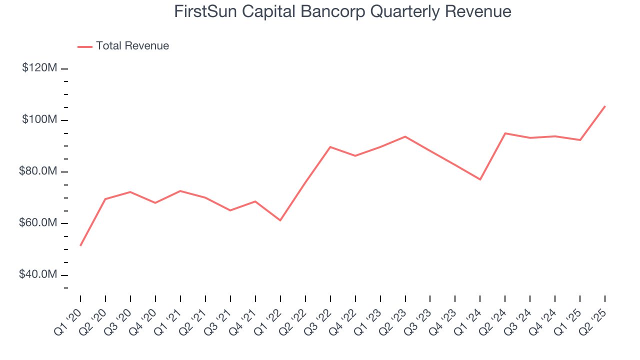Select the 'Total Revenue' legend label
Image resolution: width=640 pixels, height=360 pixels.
132,46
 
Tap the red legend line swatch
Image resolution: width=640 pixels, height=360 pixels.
85,46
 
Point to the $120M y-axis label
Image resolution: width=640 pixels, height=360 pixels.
39,68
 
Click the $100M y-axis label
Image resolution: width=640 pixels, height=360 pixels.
39,119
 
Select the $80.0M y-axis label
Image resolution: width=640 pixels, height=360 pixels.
38,171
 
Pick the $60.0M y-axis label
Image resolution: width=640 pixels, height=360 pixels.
38,223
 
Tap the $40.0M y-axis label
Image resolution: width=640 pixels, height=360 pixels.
38,275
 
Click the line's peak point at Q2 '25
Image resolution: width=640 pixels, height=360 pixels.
605,106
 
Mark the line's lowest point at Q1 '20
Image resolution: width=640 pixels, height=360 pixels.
80,245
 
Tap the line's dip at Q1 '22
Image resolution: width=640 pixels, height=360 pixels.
280,220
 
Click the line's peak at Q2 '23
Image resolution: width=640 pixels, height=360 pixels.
405,136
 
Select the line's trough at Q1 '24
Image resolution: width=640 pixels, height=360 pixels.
480,179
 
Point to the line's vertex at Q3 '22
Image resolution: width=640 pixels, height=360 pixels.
330,147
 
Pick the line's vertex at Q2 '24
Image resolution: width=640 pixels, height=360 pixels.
505,133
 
